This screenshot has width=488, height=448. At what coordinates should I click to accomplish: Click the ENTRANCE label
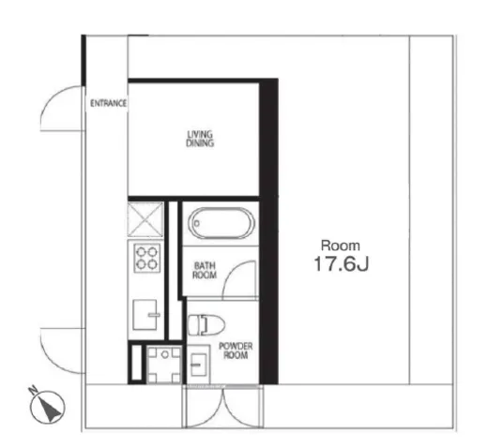tap(108, 103)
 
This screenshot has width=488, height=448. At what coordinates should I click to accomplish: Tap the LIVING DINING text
tap(200, 139)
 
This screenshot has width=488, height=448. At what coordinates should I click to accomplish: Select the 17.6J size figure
tap(342, 264)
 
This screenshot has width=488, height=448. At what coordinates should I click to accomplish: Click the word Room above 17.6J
tap(341, 246)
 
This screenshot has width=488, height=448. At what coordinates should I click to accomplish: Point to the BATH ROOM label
tap(205, 271)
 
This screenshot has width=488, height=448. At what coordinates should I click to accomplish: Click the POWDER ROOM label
tap(236, 351)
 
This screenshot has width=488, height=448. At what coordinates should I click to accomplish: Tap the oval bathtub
tap(221, 223)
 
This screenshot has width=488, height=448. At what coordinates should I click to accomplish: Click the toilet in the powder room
tap(206, 324)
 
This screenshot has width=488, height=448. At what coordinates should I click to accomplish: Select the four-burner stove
tap(146, 258)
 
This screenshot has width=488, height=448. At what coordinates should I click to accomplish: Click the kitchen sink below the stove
tap(145, 315)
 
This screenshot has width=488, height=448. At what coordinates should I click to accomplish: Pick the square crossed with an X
tap(145, 219)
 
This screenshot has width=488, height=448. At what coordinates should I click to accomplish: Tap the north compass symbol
tap(48, 407)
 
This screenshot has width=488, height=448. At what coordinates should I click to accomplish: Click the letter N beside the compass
tap(32, 390)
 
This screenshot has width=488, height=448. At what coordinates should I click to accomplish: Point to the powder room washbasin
tap(198, 364)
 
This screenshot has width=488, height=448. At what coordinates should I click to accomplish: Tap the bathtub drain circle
tap(197, 223)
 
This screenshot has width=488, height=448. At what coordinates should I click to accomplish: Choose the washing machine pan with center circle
tap(164, 365)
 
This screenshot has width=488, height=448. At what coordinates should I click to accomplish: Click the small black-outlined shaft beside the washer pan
tap(137, 363)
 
